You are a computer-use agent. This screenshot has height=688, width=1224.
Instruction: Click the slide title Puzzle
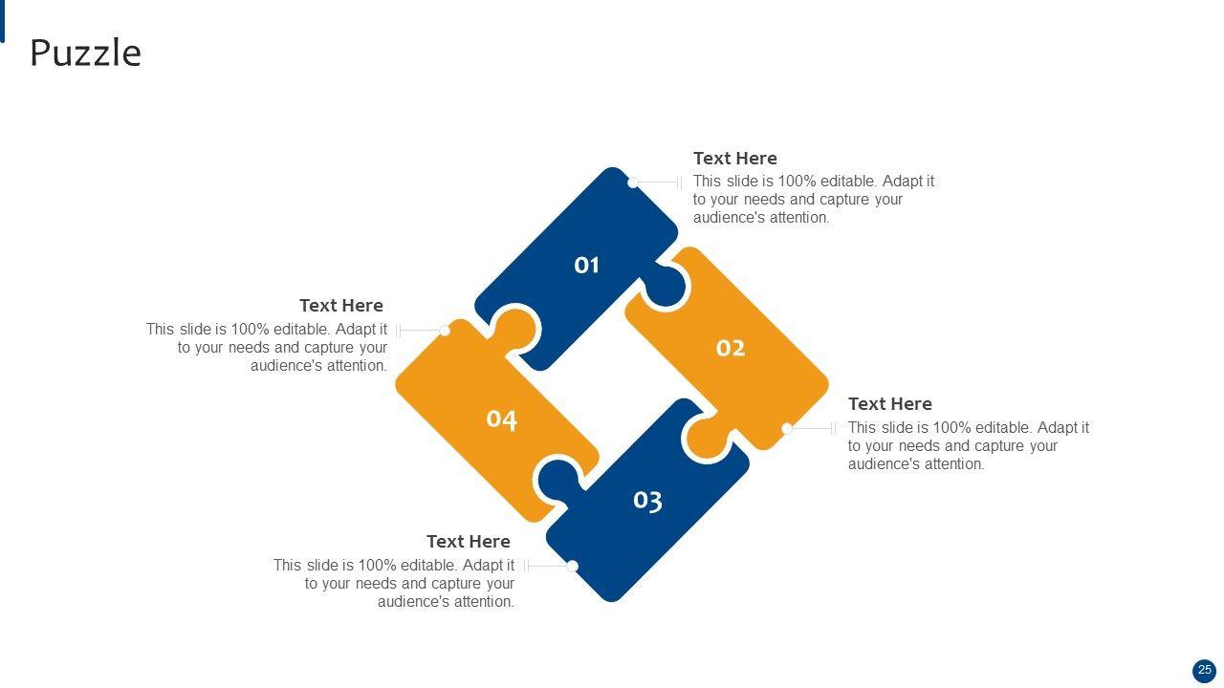coord(86,54)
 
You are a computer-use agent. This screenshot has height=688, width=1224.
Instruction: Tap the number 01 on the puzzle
coord(586,266)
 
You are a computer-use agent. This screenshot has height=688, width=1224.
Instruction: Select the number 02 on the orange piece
coord(731,348)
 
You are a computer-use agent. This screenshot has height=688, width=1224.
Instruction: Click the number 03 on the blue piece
coord(648,501)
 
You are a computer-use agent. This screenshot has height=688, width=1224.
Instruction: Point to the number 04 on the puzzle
coord(502,419)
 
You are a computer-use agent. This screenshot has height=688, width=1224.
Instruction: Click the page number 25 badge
coord(1204,670)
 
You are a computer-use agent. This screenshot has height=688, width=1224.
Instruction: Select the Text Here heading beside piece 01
coord(735,159)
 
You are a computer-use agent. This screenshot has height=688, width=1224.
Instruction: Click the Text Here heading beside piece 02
coord(889,404)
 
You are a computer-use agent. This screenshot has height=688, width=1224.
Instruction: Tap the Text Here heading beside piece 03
coord(469,542)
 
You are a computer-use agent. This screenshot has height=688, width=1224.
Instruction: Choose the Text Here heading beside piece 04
coord(341,306)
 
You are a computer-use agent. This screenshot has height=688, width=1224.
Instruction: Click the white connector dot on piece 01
coord(633,183)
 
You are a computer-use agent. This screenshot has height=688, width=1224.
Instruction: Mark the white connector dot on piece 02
coord(787,429)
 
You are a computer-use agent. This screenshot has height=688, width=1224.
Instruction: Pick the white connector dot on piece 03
coord(572,567)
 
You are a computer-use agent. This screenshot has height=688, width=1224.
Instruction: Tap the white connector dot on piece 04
coord(445,331)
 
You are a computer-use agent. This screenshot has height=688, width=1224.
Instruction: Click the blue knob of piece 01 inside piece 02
coord(666,285)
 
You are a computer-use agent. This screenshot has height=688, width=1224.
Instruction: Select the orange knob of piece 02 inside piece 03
coord(709,437)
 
